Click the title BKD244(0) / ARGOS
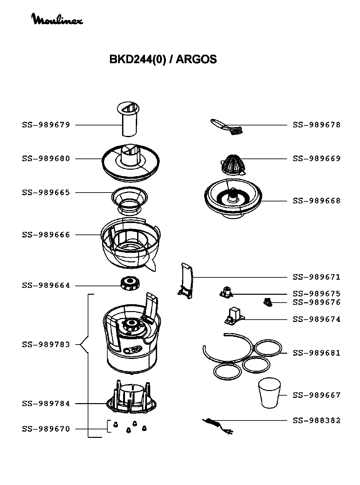pyautogui.click(x=163, y=59)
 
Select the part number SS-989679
pyautogui.click(x=46, y=125)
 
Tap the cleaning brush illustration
pyautogui.click(x=227, y=127)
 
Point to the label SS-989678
pyautogui.click(x=316, y=125)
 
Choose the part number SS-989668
pyautogui.click(x=316, y=201)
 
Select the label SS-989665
pyautogui.click(x=46, y=193)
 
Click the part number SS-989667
pyautogui.click(x=316, y=395)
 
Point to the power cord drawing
pyautogui.click(x=218, y=426)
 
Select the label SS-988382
pyautogui.click(x=316, y=420)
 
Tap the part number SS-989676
pyautogui.click(x=316, y=302)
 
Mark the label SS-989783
pyautogui.click(x=46, y=345)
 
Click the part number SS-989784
pyautogui.click(x=46, y=404)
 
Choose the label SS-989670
pyautogui.click(x=46, y=429)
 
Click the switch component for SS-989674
pyautogui.click(x=234, y=316)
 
